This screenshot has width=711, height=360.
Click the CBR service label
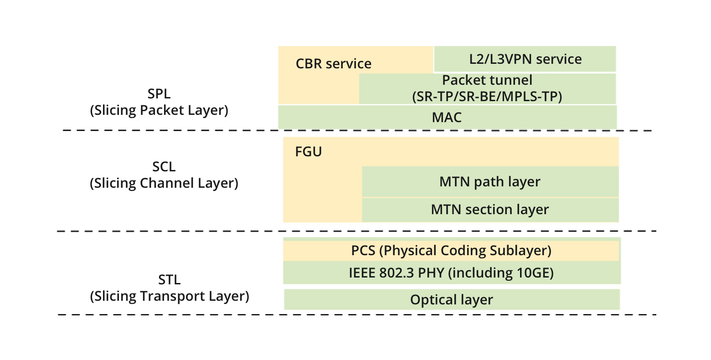[x=333, y=64]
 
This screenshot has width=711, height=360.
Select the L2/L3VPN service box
[x=525, y=59]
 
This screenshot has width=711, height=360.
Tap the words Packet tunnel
[x=487, y=80]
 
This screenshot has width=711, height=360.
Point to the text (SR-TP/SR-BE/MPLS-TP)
[x=487, y=97]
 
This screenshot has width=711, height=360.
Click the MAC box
[x=447, y=118]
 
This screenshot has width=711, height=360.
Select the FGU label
[x=309, y=152]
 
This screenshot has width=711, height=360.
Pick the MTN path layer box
[x=490, y=182]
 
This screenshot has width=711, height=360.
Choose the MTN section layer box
[x=490, y=210]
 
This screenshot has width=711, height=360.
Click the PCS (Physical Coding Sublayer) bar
[x=451, y=251]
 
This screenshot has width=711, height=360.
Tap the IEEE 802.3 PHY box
[x=451, y=273]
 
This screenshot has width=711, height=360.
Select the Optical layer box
[x=451, y=300]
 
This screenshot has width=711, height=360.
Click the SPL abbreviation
[x=159, y=94]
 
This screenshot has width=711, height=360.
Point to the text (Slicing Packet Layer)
[x=159, y=110]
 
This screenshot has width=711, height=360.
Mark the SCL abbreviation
[x=164, y=167]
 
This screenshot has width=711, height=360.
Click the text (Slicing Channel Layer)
[x=164, y=183]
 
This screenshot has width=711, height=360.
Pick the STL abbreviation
[x=169, y=280]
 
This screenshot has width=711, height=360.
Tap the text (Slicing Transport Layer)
[x=169, y=296]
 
